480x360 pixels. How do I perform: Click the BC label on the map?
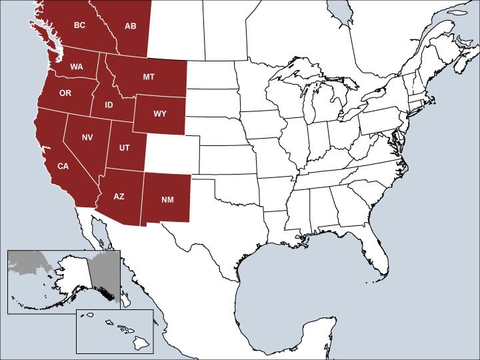79,26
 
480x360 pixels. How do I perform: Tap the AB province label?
131,26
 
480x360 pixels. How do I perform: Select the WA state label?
77,67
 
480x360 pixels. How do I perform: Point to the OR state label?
65,93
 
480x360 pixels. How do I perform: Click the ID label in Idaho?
108,105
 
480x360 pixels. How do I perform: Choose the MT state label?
149,77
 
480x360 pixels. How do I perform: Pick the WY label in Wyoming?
160,113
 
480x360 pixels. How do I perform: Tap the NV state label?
87,137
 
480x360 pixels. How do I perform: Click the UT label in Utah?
124,147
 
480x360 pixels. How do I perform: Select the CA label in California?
62,165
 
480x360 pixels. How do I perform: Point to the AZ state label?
119,197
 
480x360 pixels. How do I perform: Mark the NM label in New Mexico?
167,199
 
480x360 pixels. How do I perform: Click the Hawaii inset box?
115,331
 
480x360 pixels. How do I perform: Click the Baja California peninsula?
100,247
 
